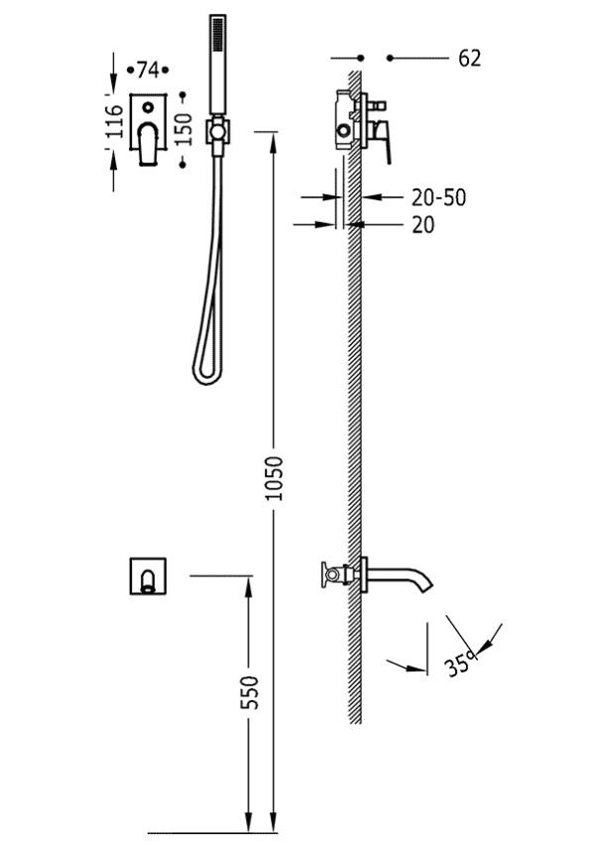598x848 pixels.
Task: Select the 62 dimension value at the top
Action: tap(469, 60)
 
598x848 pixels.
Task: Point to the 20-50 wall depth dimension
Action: tap(437, 197)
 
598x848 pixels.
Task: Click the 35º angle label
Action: tap(458, 661)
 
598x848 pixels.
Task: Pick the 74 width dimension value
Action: tap(148, 69)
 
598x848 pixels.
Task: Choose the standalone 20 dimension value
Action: tap(422, 225)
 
